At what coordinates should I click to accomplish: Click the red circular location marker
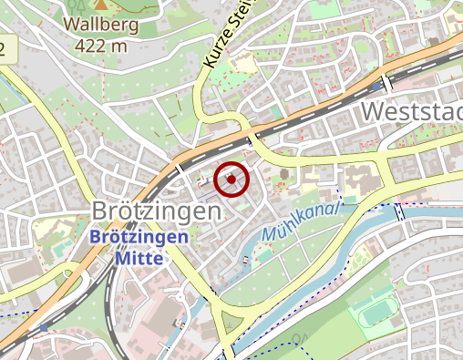(x=231, y=179)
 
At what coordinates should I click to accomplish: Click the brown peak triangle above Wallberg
(x=100, y=5)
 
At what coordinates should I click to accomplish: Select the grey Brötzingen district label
(x=156, y=211)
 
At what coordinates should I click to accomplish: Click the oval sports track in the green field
(x=375, y=314)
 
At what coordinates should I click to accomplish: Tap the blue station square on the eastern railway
(x=376, y=87)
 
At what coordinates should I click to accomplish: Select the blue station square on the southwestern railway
(x=43, y=327)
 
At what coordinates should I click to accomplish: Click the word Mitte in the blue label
(x=139, y=257)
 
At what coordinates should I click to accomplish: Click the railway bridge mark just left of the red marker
(x=180, y=170)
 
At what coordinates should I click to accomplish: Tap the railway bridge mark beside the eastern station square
(x=388, y=83)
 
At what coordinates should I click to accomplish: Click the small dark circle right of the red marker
(x=283, y=173)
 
